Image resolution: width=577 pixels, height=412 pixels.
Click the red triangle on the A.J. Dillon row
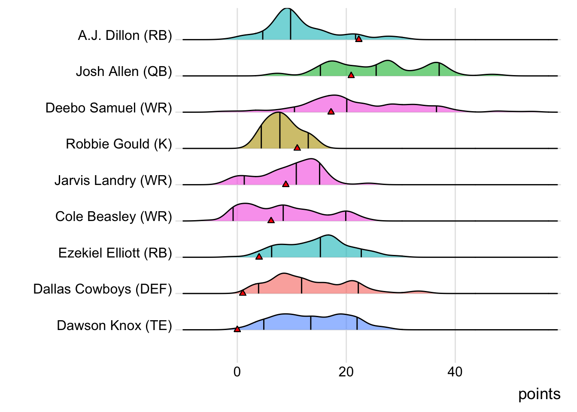[x=359, y=39]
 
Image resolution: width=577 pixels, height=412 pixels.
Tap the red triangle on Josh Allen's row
[x=351, y=75]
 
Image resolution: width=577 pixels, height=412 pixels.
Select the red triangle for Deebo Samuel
[x=331, y=112]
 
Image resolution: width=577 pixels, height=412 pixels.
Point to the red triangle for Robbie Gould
[x=297, y=148]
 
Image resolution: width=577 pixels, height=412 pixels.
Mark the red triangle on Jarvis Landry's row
[x=286, y=184]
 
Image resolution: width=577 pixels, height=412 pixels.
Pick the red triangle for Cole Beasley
[x=271, y=220]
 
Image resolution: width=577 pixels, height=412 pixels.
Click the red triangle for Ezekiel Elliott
[x=259, y=257]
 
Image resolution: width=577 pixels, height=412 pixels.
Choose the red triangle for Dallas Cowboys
[x=243, y=293]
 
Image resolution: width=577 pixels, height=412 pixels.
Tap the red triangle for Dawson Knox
[x=237, y=329]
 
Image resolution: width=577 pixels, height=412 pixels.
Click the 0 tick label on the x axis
[x=237, y=372]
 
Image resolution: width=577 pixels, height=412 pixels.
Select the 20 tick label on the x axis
[x=346, y=372]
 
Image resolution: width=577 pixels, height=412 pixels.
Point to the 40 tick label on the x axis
[x=455, y=372]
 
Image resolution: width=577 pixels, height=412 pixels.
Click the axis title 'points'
[x=539, y=394]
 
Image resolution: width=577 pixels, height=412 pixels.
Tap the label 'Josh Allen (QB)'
[x=124, y=71]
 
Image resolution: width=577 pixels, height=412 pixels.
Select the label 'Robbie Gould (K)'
[x=118, y=144]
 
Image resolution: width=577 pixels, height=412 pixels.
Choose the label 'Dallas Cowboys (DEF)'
[x=103, y=289]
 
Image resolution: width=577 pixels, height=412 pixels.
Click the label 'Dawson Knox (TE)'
[x=114, y=325]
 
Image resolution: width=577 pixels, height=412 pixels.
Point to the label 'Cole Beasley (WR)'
[x=113, y=216]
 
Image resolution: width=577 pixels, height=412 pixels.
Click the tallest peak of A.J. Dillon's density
[x=287, y=9]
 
